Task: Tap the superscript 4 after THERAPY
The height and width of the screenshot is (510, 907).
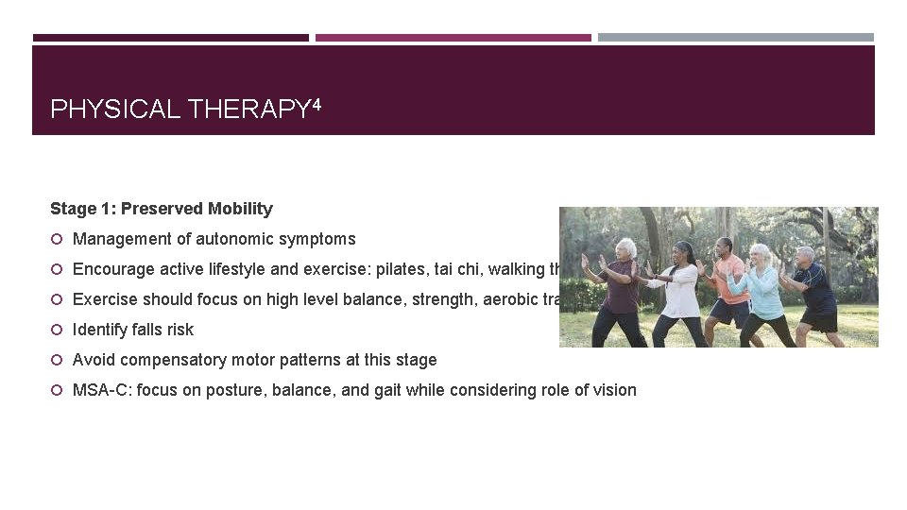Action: pos(316,105)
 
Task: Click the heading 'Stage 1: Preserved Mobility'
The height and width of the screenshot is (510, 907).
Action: pos(162,209)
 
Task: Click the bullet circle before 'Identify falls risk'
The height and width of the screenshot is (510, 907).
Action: pos(57,330)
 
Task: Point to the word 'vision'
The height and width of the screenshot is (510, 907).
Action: pos(614,390)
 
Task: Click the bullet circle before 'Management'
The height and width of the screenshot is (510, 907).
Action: pos(57,239)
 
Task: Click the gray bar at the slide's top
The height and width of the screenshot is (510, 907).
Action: pos(735,38)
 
